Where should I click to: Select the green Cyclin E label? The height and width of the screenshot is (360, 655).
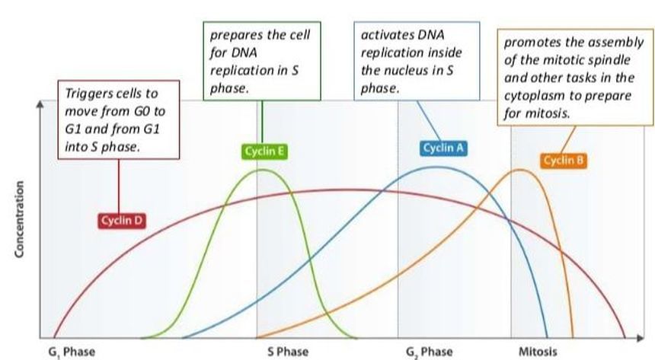click(x=265, y=152)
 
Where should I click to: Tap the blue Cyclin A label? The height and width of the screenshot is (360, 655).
click(x=443, y=148)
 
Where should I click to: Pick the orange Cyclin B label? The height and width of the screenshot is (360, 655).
click(x=564, y=160)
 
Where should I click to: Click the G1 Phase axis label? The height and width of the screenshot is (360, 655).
click(x=72, y=352)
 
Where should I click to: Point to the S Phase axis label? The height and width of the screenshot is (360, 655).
click(x=288, y=352)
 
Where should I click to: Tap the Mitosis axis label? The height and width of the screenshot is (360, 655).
click(x=538, y=352)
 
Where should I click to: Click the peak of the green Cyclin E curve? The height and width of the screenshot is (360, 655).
click(x=263, y=170)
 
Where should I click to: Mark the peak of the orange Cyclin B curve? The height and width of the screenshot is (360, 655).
click(x=520, y=170)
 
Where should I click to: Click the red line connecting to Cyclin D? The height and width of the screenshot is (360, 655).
click(x=119, y=186)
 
